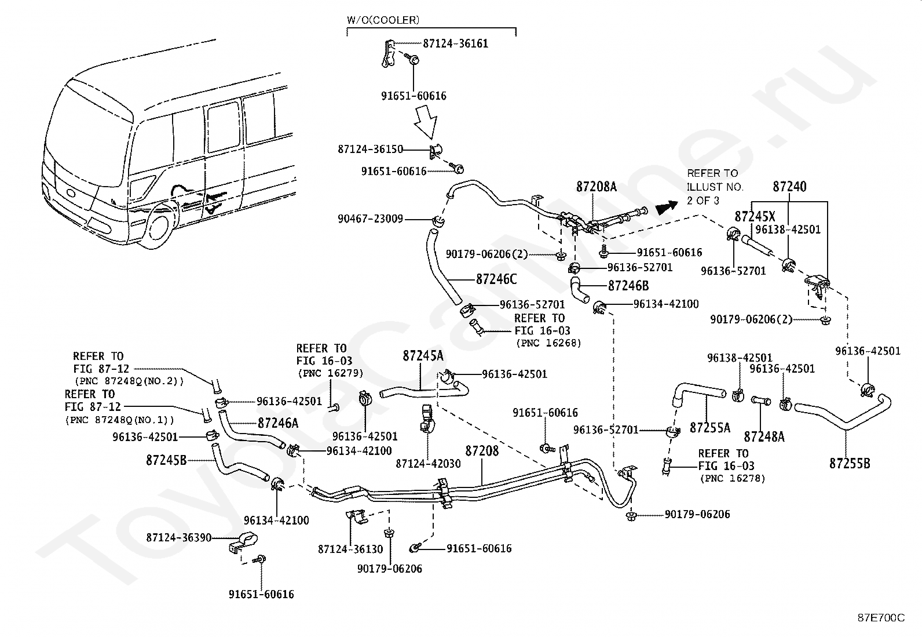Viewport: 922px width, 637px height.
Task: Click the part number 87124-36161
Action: point(455,44)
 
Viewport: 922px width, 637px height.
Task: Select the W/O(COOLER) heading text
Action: point(383,20)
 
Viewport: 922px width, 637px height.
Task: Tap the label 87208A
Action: point(597,187)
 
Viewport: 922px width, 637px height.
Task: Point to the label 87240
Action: point(789,187)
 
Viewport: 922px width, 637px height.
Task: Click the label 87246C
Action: point(496,279)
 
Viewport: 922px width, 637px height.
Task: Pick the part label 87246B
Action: point(628,286)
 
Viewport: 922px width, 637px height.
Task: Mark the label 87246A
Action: point(278,423)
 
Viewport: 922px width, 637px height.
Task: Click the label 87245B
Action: point(166,460)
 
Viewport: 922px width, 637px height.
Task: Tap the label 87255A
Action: point(710,428)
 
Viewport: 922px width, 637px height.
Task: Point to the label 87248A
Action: point(764,436)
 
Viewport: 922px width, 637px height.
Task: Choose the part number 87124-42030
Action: point(429,464)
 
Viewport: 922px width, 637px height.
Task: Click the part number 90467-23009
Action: point(371,220)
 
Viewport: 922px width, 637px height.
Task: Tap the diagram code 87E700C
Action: point(881,618)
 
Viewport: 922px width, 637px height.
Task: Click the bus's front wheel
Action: point(159,228)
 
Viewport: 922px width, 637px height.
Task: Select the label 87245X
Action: point(755,217)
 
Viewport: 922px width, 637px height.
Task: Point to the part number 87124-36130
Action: point(350,548)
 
